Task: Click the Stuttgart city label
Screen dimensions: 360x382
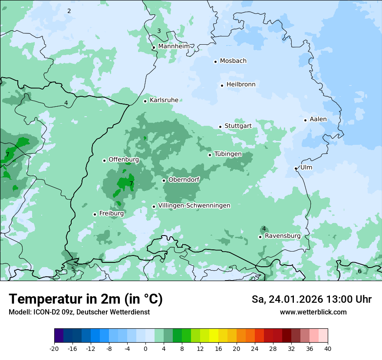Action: (238, 126)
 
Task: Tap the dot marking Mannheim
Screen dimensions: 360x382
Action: (154, 48)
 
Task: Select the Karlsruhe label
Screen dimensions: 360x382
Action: (164, 100)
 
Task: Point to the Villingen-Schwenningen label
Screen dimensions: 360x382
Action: (194, 206)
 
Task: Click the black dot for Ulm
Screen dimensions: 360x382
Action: (296, 168)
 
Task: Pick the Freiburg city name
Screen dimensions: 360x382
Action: (112, 213)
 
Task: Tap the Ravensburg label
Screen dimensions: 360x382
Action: (283, 236)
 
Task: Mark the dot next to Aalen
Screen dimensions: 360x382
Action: (305, 120)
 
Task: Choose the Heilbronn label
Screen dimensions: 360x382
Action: (241, 85)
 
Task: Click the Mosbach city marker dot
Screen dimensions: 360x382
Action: (215, 62)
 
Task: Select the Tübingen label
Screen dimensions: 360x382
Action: (228, 154)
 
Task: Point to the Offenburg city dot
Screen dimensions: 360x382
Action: (104, 160)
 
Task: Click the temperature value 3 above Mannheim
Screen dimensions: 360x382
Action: (159, 31)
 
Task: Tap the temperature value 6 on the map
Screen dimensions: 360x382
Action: (359, 271)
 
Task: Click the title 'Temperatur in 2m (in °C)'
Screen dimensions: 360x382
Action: (86, 299)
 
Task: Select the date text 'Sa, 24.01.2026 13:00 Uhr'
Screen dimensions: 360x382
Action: (311, 299)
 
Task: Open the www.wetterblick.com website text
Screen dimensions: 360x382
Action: (313, 312)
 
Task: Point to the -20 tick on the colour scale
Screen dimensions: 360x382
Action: (54, 348)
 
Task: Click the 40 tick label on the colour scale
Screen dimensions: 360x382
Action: (327, 348)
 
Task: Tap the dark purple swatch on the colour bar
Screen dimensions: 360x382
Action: (59, 336)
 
